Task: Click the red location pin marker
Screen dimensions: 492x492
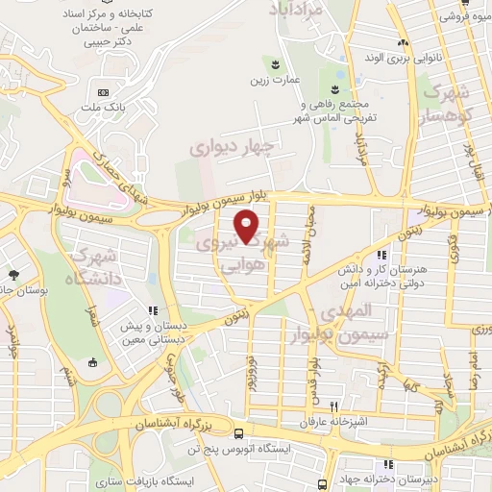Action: (x=248, y=227)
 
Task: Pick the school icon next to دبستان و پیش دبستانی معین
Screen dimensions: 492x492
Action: (x=152, y=310)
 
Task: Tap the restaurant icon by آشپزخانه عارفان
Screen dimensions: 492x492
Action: (x=333, y=406)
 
